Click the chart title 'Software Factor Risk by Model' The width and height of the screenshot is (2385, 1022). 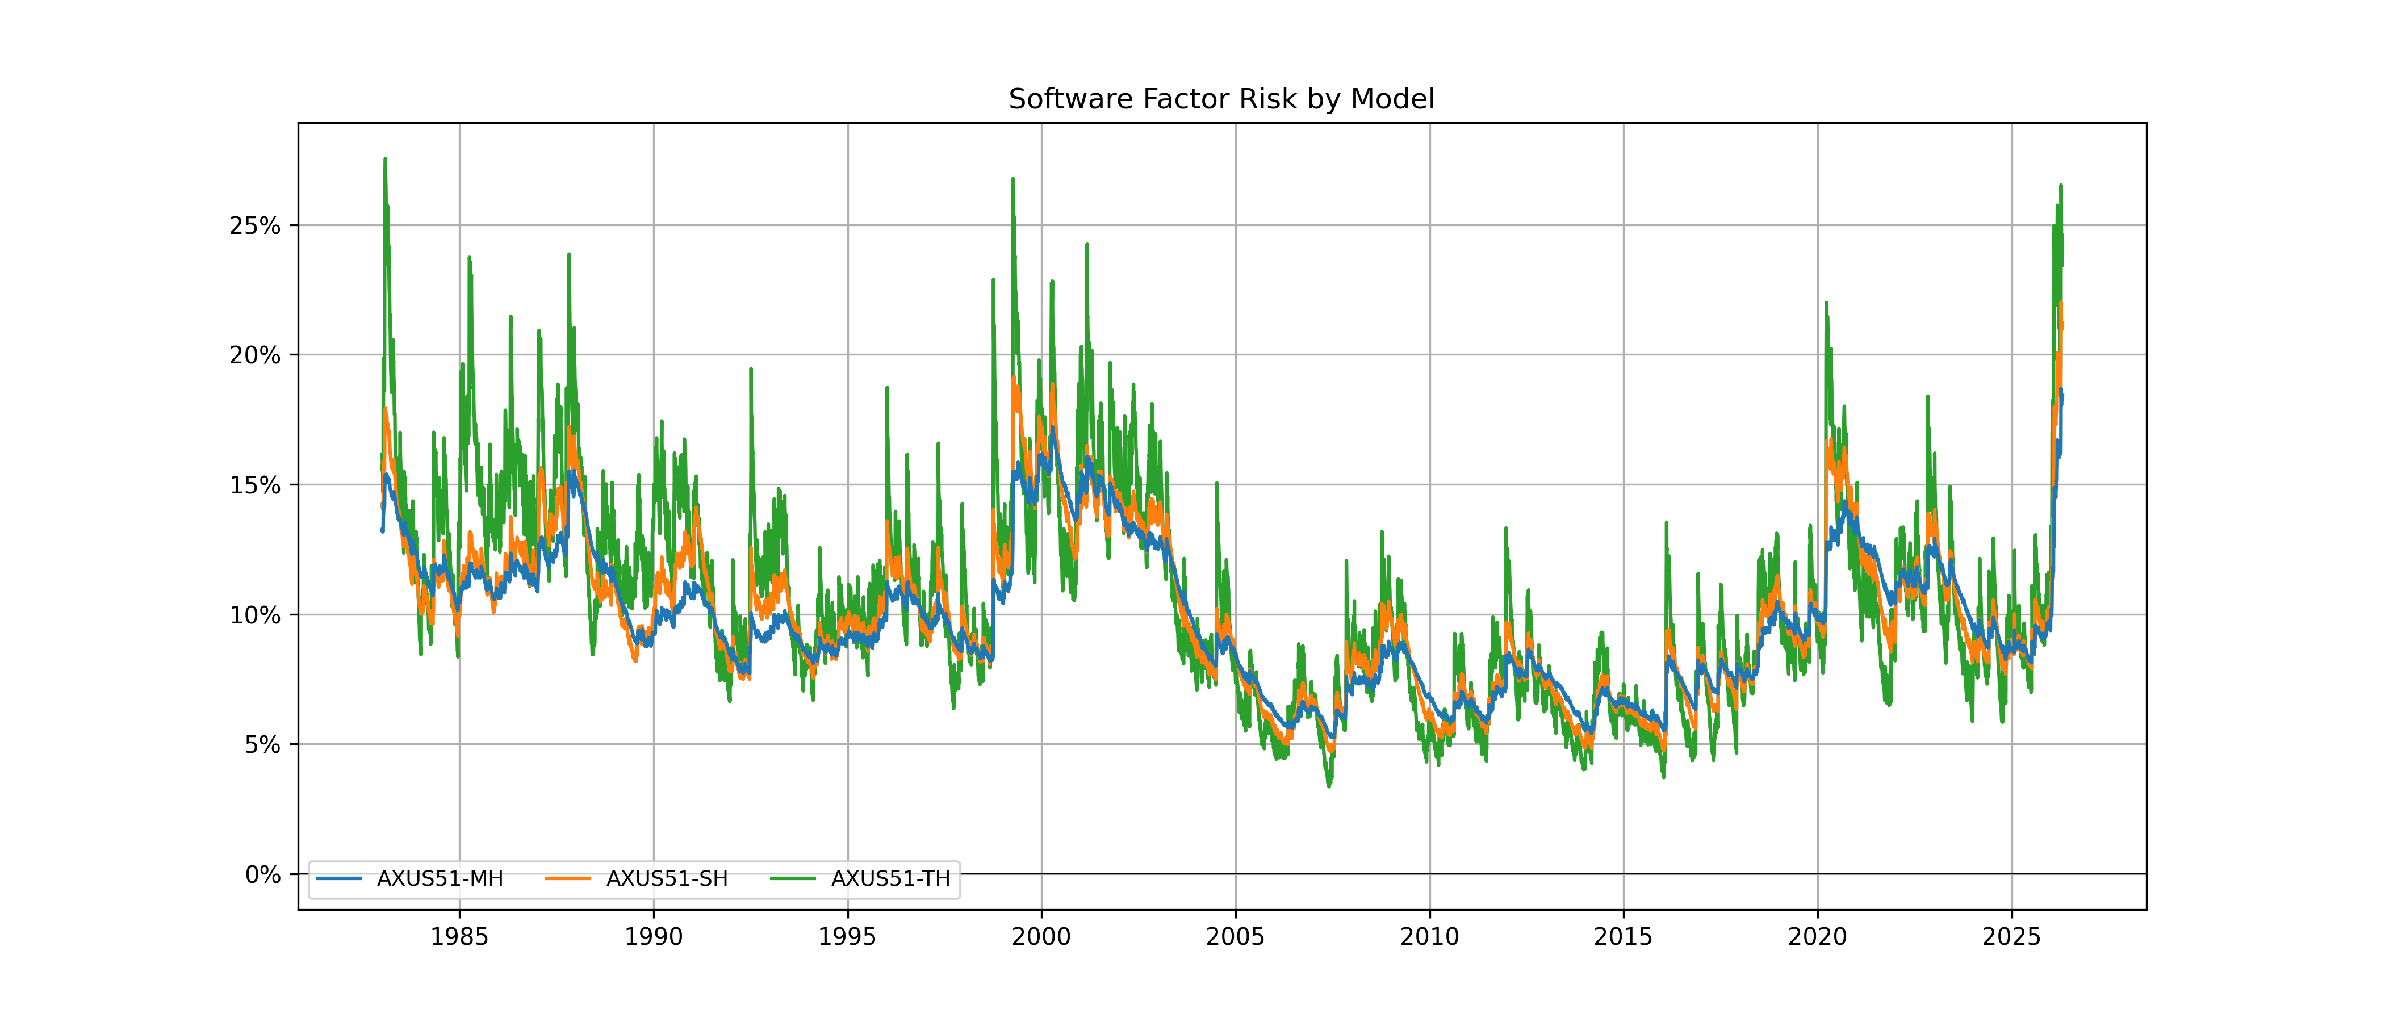tap(1221, 99)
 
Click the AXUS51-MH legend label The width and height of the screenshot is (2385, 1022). tap(440, 878)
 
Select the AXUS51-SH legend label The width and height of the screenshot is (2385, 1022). tap(667, 878)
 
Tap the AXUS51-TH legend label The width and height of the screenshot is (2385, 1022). tap(890, 878)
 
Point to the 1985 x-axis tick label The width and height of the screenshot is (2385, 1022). tap(459, 937)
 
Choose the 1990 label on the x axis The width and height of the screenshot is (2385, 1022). tap(654, 937)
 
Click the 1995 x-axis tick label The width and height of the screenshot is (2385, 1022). tap(847, 937)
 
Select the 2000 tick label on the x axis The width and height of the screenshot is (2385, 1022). tap(1041, 937)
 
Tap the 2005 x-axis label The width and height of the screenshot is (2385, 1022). tap(1235, 937)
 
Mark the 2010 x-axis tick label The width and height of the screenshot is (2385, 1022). tap(1429, 937)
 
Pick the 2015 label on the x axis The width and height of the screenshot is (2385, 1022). tap(1623, 937)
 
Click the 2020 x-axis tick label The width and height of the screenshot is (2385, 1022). tap(1818, 937)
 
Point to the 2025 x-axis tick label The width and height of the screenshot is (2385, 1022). tap(2011, 937)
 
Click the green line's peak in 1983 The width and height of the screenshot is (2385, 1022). tap(385, 159)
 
